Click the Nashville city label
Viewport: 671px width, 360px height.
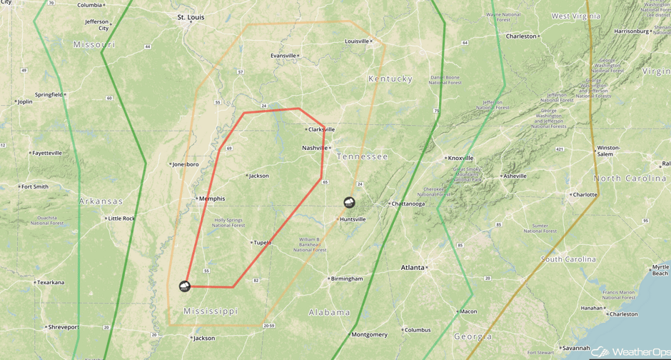(315, 148)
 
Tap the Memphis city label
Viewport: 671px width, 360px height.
(212, 199)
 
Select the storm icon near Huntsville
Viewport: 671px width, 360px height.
(349, 203)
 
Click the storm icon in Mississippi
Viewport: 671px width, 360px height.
(185, 286)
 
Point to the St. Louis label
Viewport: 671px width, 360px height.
(191, 16)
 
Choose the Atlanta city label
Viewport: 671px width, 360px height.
(413, 268)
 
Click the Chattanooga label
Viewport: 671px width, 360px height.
(408, 204)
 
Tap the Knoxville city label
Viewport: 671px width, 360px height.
(460, 158)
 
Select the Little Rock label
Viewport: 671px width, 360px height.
(121, 219)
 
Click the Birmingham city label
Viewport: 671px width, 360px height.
(347, 279)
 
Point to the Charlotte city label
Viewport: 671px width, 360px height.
(585, 194)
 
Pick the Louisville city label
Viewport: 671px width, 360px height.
(358, 41)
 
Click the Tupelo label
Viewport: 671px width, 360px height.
(262, 243)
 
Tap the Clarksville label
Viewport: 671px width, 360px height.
(322, 129)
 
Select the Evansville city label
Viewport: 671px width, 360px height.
(283, 56)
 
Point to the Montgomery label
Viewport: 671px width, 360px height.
(370, 334)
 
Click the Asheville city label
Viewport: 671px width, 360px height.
(515, 176)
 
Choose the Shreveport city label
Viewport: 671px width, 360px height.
(64, 327)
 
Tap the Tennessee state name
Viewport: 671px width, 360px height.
(362, 156)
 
